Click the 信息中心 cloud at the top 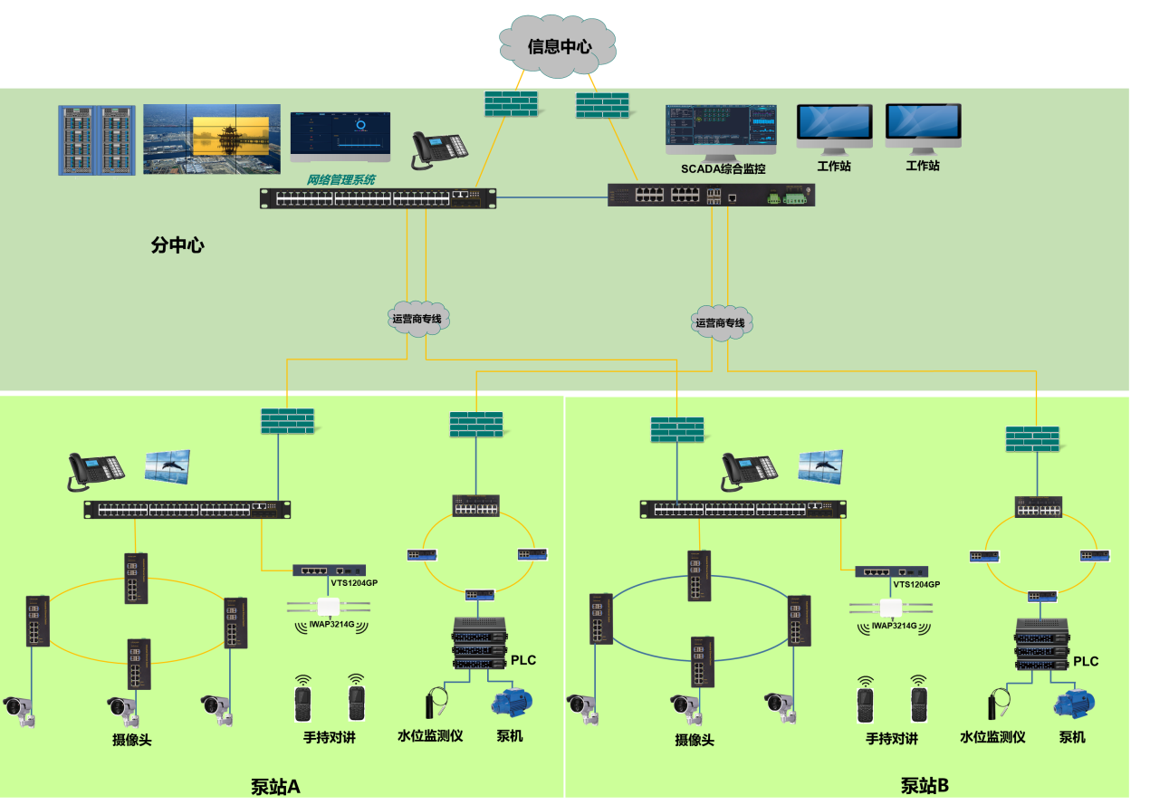[x=560, y=45]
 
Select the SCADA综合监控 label [x=724, y=168]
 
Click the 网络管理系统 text [x=340, y=180]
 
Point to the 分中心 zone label [x=177, y=244]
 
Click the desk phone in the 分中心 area [x=438, y=149]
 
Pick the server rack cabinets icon [x=97, y=140]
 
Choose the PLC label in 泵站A [x=523, y=660]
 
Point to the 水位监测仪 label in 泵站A [x=430, y=735]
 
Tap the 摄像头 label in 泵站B [x=695, y=740]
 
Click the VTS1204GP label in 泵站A [x=354, y=583]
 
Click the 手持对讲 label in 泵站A [x=330, y=737]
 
